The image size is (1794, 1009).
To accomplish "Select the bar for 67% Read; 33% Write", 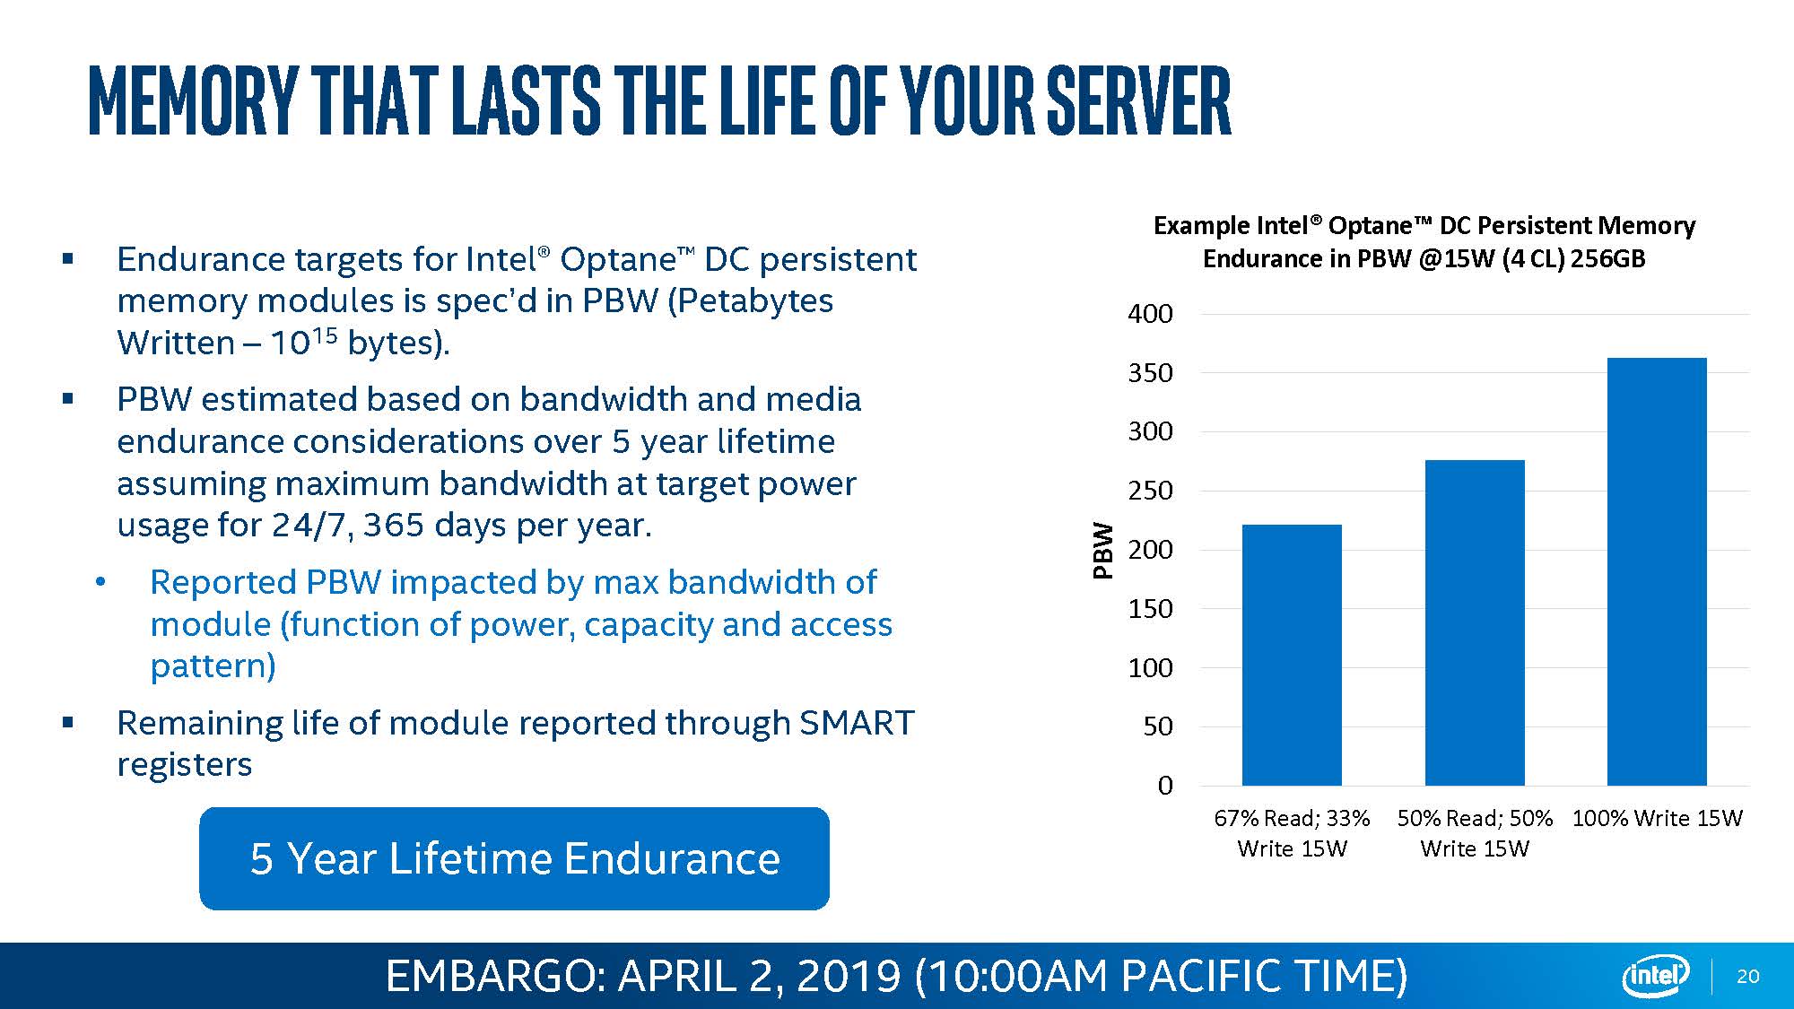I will [1292, 655].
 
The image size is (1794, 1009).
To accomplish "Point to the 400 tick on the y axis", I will [1150, 314].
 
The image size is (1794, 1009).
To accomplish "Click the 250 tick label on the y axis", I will [1150, 491].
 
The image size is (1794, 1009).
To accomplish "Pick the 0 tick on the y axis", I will [1164, 786].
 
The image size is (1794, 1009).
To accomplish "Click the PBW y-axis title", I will [1103, 550].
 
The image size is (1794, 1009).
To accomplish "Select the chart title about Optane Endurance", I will [1424, 241].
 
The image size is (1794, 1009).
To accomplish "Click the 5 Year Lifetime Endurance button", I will [514, 858].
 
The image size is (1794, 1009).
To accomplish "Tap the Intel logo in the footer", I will [1655, 976].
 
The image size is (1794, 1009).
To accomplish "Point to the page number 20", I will [1748, 976].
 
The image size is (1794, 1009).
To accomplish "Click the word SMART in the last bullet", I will [856, 723].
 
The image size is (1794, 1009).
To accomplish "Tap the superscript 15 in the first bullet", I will [325, 335].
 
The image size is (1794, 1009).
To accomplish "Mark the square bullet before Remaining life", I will [67, 722].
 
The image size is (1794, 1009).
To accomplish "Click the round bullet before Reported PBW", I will [100, 583].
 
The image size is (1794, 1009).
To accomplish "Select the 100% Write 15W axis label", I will [1657, 818].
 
